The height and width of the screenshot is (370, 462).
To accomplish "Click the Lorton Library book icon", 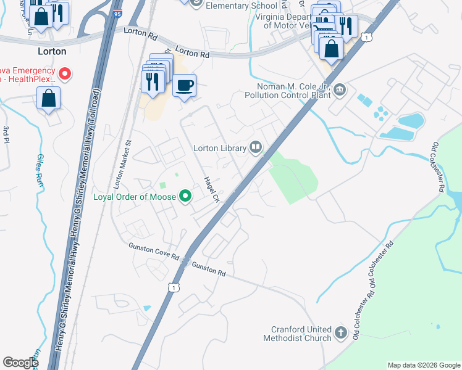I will [x=256, y=147].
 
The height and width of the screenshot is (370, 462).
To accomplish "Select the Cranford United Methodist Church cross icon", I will [x=341, y=334].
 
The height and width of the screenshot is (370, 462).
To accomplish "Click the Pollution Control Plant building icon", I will [x=339, y=91].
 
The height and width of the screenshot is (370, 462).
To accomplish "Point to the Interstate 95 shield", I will [x=119, y=10].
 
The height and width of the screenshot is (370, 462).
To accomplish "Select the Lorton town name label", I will [x=52, y=51].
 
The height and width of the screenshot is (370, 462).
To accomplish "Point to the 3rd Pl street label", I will [x=6, y=134].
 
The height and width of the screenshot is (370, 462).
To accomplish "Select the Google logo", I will [x=20, y=363].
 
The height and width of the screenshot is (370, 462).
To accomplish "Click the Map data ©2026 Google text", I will [x=424, y=365].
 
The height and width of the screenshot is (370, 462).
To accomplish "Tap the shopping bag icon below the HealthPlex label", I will [x=48, y=99].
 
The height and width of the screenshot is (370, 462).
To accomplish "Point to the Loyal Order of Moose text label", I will [x=134, y=197].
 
